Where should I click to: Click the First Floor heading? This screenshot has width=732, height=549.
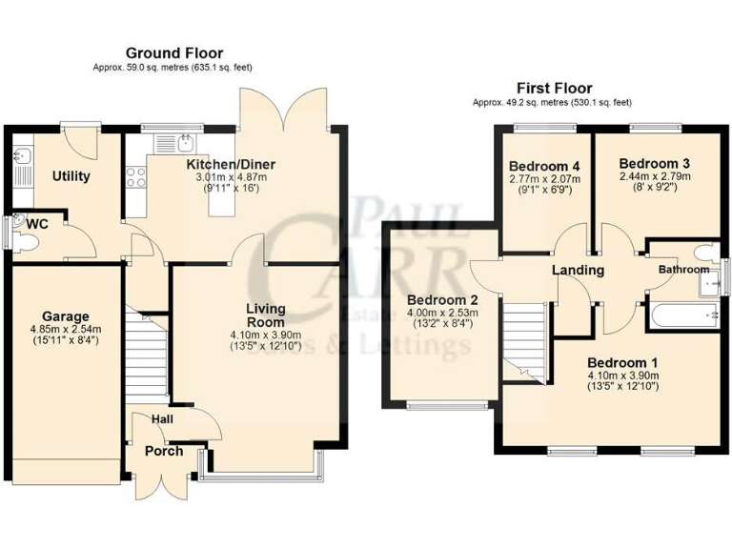point(554,88)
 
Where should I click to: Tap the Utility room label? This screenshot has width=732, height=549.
point(71,176)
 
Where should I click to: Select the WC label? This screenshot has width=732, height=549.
point(37,224)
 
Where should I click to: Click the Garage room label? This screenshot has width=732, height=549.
point(65,316)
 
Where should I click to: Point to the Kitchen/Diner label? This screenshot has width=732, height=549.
point(232,164)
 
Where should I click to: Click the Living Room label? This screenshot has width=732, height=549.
point(266,315)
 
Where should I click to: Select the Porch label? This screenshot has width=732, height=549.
point(163,452)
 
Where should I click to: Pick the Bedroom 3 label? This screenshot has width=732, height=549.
point(653,163)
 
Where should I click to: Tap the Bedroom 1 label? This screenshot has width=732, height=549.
point(621,362)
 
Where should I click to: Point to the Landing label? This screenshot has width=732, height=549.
point(579,270)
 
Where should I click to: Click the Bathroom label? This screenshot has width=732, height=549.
point(683,270)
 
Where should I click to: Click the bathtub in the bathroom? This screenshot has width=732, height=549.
point(681,315)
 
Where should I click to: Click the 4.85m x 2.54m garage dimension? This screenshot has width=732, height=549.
point(65,329)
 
